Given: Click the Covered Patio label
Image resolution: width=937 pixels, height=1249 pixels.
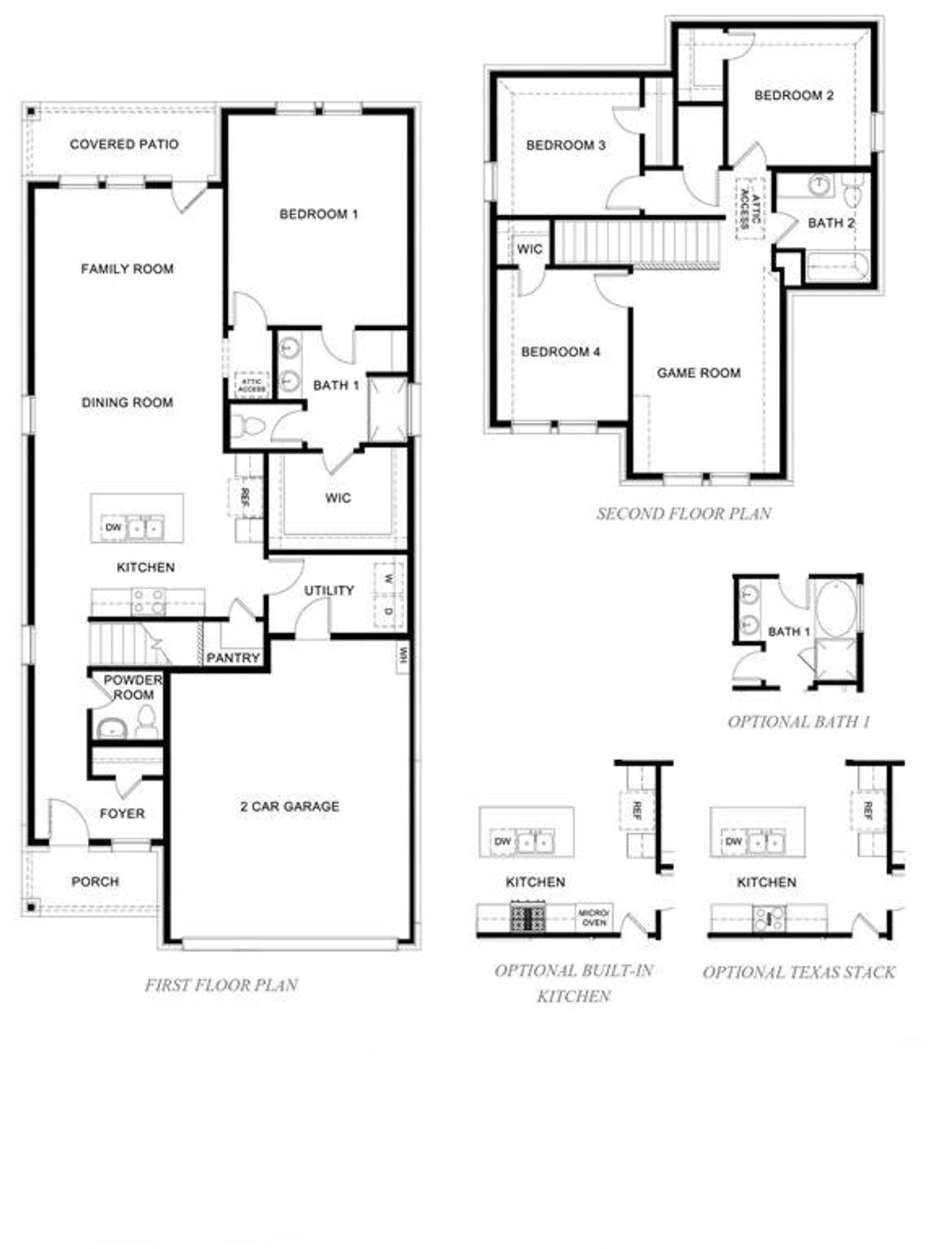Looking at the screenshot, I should (124, 144).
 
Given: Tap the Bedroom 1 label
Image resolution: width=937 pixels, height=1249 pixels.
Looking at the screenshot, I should (318, 214).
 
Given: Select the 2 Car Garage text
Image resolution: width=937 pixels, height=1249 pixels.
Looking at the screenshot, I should (289, 806).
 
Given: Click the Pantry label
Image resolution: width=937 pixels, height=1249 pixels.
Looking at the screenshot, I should (233, 658).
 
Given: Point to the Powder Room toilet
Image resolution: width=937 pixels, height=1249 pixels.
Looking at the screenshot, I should (146, 721).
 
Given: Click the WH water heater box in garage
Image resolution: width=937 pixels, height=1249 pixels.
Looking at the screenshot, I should (403, 656).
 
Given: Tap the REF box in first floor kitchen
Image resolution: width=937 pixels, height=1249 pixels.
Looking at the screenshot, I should (245, 498).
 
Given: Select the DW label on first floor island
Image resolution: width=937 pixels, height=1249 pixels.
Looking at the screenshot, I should (113, 527).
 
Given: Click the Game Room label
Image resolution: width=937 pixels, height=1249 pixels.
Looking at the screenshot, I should (698, 373).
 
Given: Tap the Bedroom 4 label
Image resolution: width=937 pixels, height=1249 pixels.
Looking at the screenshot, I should (561, 352).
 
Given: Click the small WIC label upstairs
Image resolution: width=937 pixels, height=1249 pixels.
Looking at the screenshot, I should (529, 249).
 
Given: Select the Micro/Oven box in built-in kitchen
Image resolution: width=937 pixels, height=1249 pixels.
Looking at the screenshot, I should (594, 918).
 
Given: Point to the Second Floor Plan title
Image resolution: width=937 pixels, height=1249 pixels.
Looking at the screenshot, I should (684, 514).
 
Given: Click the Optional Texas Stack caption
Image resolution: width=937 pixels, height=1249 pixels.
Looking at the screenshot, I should (799, 972).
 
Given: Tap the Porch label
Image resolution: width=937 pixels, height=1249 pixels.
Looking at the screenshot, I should (95, 882).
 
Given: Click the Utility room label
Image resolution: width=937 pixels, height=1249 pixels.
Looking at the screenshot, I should (329, 590).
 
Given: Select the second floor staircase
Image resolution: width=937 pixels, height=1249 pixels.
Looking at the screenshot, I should (636, 243).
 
